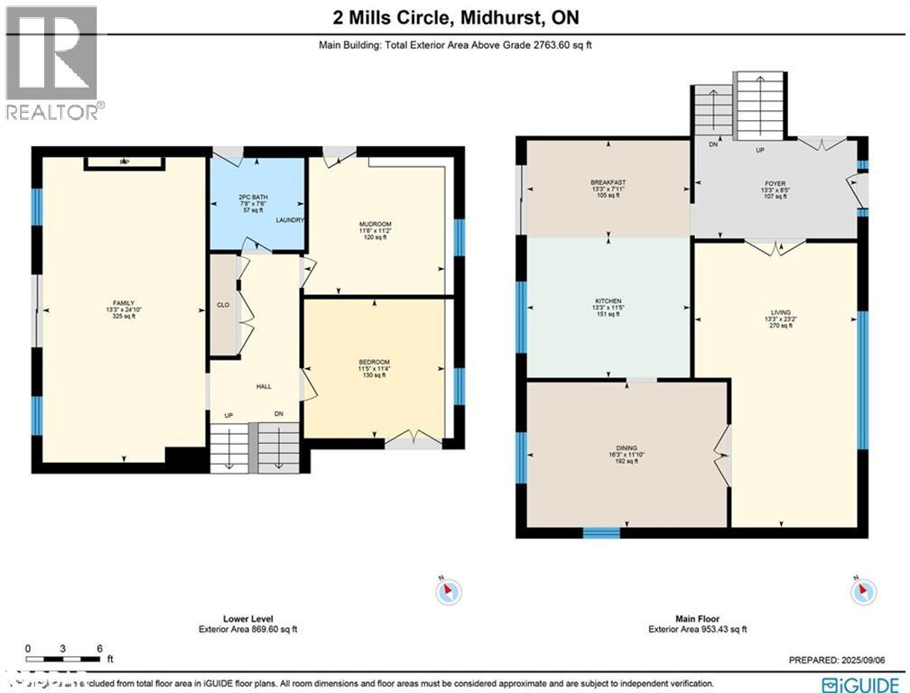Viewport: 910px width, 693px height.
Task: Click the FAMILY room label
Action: (x=123, y=302)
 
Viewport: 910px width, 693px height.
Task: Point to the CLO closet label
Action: (x=223, y=305)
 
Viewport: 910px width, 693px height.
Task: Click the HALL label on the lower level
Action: (x=264, y=387)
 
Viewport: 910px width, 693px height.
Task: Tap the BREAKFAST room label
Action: (x=608, y=183)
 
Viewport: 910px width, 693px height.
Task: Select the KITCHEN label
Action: (x=608, y=301)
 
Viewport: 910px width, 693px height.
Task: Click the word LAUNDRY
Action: (x=290, y=220)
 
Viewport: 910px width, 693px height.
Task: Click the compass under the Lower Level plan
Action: (x=449, y=592)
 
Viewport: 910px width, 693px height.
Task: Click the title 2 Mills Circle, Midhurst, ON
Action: (x=454, y=17)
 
